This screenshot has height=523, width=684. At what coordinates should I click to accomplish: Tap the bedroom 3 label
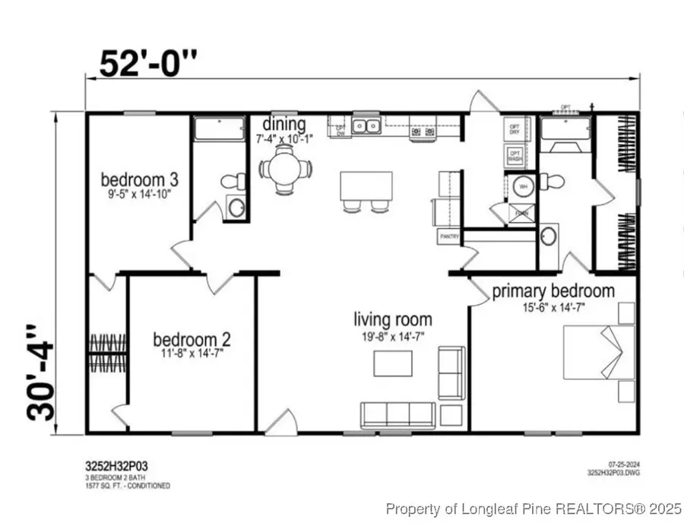(x=140, y=180)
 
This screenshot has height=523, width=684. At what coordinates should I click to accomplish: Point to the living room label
(x=393, y=319)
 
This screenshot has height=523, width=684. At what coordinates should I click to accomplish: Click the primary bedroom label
(x=553, y=291)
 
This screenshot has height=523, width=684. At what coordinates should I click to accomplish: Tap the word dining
(x=285, y=124)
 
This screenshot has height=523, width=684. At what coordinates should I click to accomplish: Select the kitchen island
(x=366, y=185)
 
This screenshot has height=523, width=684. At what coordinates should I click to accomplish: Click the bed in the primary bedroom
(x=597, y=352)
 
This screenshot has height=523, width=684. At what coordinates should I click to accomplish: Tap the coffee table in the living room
(x=393, y=363)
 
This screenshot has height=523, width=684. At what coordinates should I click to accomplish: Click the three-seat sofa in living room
(x=397, y=414)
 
